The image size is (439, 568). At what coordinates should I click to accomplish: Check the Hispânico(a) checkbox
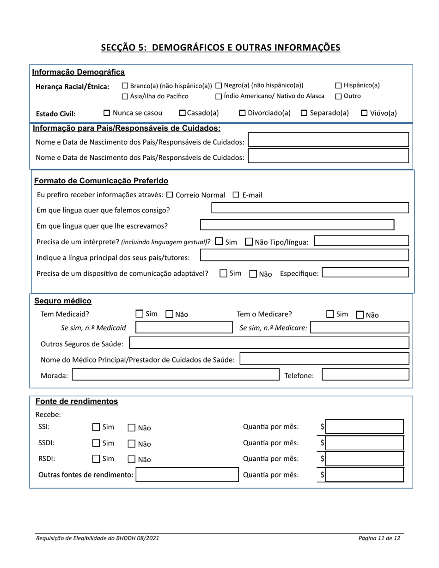(x=338, y=85)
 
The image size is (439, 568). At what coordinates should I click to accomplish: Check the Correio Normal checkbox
(x=169, y=195)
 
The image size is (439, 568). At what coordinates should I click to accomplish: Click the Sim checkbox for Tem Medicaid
(x=140, y=314)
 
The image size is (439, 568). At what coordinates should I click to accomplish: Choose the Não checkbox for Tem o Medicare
(x=360, y=315)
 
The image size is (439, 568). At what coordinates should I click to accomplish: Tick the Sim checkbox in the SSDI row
(x=96, y=443)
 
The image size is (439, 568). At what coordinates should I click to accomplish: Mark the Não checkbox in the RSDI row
(x=131, y=459)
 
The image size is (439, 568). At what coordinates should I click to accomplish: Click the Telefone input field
(x=365, y=375)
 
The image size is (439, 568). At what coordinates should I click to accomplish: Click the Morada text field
(x=176, y=375)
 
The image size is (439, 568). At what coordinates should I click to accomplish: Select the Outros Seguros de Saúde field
(x=269, y=343)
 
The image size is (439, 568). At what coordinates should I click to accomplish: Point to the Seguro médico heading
(x=63, y=301)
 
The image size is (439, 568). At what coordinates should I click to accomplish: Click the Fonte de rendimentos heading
(x=76, y=401)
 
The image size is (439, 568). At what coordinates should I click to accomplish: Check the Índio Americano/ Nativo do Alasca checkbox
(x=219, y=96)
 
